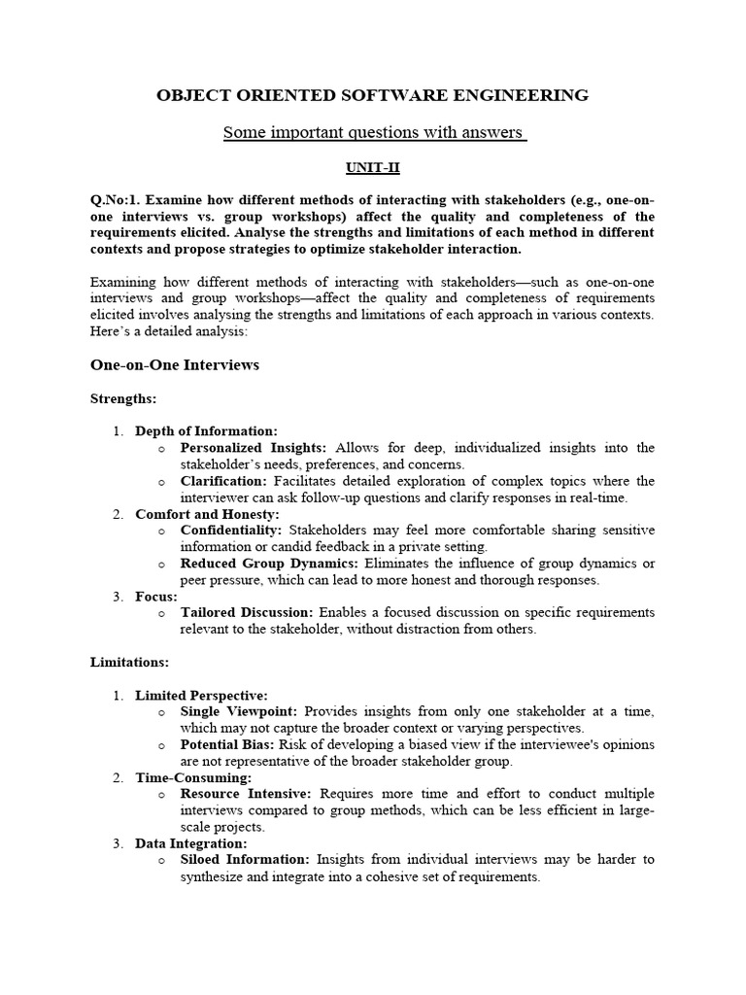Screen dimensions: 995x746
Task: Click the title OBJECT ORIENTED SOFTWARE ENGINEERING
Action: tap(373, 95)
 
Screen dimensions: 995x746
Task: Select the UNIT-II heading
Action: tap(373, 167)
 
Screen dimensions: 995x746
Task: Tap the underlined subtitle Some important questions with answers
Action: tap(373, 132)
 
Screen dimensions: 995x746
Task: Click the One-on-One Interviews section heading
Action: tap(175, 364)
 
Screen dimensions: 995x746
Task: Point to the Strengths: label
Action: tap(123, 398)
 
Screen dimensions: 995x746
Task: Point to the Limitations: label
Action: tap(129, 662)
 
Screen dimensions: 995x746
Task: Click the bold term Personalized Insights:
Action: tap(254, 448)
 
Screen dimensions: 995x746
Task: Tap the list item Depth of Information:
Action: tap(206, 431)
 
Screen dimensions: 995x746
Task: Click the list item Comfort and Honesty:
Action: tap(207, 514)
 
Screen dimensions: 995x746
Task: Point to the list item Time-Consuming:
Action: tap(193, 777)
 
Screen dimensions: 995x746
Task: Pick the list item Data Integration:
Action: tap(191, 843)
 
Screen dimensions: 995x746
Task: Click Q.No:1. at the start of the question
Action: tap(116, 200)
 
